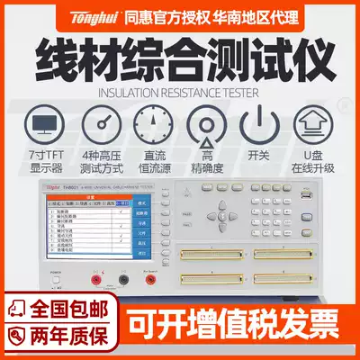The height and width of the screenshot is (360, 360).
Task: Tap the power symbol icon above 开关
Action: click(x=261, y=124)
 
